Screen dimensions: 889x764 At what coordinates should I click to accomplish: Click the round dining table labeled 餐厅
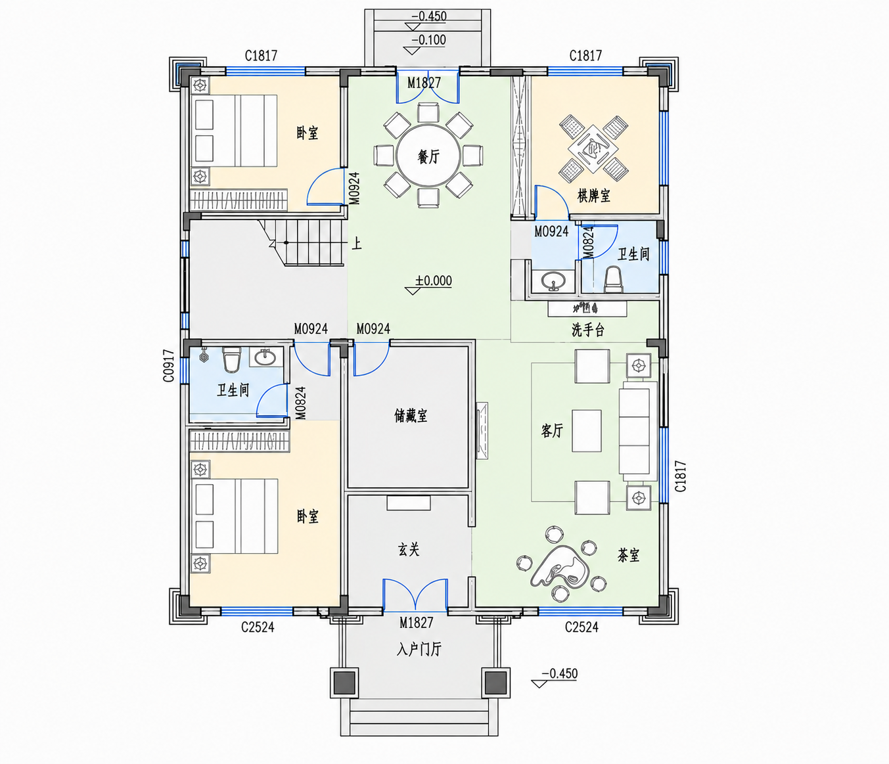(428, 156)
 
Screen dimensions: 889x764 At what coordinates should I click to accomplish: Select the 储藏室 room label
(411, 416)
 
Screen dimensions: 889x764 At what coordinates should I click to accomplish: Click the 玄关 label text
(409, 549)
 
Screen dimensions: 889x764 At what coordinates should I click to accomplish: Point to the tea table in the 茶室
(560, 566)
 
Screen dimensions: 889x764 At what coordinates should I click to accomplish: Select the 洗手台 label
(588, 330)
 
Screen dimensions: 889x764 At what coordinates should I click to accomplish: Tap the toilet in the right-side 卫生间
(613, 279)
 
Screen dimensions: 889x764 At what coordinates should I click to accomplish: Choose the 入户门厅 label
(419, 649)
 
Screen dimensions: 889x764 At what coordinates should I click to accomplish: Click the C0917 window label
(169, 366)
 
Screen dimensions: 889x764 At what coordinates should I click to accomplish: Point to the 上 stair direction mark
(357, 244)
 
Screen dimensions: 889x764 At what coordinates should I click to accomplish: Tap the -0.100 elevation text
(429, 40)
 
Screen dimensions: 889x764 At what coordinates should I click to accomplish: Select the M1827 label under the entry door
(416, 623)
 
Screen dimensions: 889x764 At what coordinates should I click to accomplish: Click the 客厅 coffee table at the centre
(587, 431)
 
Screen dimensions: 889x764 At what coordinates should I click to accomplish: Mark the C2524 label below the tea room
(581, 627)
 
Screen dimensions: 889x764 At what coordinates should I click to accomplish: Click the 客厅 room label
(552, 430)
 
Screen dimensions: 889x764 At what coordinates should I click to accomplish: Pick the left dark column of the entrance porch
(344, 683)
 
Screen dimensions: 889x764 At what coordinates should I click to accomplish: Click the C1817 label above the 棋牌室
(585, 55)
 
